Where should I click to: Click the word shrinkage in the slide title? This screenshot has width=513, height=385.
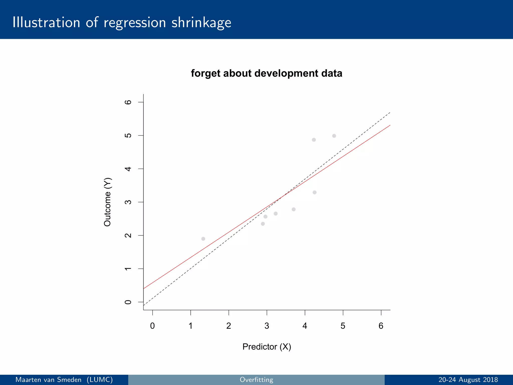pos(201,23)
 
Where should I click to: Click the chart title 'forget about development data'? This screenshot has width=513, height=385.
pos(267,73)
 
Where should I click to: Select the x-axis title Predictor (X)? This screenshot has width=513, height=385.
pos(267,347)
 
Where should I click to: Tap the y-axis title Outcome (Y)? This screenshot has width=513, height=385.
pos(107,202)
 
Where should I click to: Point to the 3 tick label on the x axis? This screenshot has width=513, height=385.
pos(267,326)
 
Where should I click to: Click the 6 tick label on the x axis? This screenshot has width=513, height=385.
pos(381,326)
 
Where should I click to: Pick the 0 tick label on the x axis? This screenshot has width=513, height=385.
pos(152,326)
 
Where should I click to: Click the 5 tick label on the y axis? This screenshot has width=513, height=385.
pos(128,135)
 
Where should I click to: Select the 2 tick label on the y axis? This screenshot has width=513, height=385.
pos(128,235)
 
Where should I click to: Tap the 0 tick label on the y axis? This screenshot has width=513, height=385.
pos(128,302)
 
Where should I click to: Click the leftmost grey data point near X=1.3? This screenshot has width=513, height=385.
pos(203,239)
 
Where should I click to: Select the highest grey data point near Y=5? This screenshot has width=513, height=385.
pos(334,136)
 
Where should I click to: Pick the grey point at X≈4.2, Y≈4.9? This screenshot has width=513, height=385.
pos(314,140)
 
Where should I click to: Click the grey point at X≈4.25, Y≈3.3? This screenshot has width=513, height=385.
pos(315,192)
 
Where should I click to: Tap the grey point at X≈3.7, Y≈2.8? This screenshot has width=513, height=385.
pos(294,209)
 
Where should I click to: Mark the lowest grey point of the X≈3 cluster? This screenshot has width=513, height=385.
pos(263,224)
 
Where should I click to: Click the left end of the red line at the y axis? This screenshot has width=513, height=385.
pos(144,288)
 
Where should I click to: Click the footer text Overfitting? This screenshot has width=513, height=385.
pos(256,380)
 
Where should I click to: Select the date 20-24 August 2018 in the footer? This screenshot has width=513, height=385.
pos(468,380)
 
